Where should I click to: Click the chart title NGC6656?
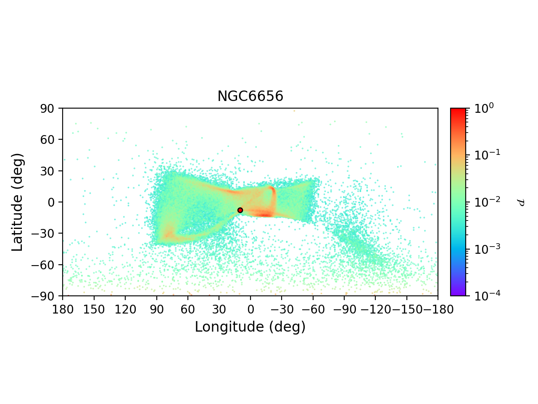(x=250, y=97)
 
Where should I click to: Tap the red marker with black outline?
(x=240, y=210)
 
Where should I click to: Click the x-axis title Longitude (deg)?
(x=250, y=327)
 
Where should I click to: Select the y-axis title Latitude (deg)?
(x=17, y=202)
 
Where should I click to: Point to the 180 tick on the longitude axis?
(x=63, y=310)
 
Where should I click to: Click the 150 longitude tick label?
(x=94, y=310)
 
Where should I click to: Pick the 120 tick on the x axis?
(x=125, y=310)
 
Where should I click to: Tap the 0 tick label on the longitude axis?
(x=251, y=310)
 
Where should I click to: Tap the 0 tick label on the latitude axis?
(x=52, y=202)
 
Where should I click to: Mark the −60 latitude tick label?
(x=45, y=265)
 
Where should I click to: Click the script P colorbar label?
(x=521, y=202)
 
